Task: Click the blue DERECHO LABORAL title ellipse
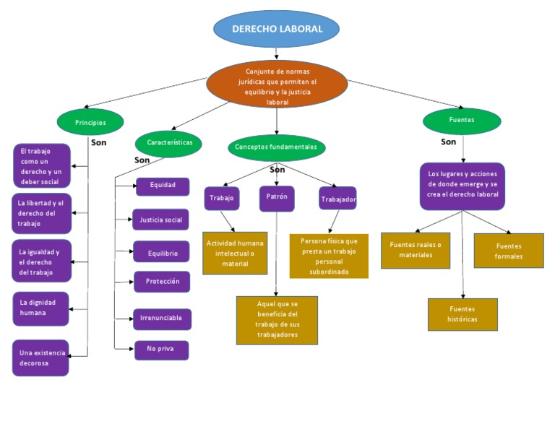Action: pyautogui.click(x=277, y=29)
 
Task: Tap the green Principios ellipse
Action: pyautogui.click(x=90, y=122)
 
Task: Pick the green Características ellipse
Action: pyautogui.click(x=168, y=143)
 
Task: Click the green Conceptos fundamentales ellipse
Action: pyautogui.click(x=276, y=147)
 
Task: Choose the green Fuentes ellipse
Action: pyautogui.click(x=462, y=121)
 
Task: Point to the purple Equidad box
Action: pyautogui.click(x=163, y=186)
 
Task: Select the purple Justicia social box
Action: pyautogui.click(x=160, y=220)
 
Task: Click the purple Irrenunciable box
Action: pyautogui.click(x=162, y=318)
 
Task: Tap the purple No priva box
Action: pyautogui.click(x=162, y=350)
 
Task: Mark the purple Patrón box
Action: pyautogui.click(x=277, y=198)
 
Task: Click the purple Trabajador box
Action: pyautogui.click(x=337, y=199)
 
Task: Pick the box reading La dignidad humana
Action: pyautogui.click(x=41, y=308)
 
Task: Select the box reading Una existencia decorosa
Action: pyautogui.click(x=41, y=357)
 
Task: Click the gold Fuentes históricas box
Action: pyautogui.click(x=462, y=314)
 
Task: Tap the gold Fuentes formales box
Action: pyautogui.click(x=509, y=251)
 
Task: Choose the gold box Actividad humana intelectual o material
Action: pyautogui.click(x=235, y=253)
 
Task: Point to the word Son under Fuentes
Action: pyautogui.click(x=448, y=142)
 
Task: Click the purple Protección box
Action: pyautogui.click(x=162, y=282)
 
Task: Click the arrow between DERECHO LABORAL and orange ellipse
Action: pyautogui.click(x=277, y=53)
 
